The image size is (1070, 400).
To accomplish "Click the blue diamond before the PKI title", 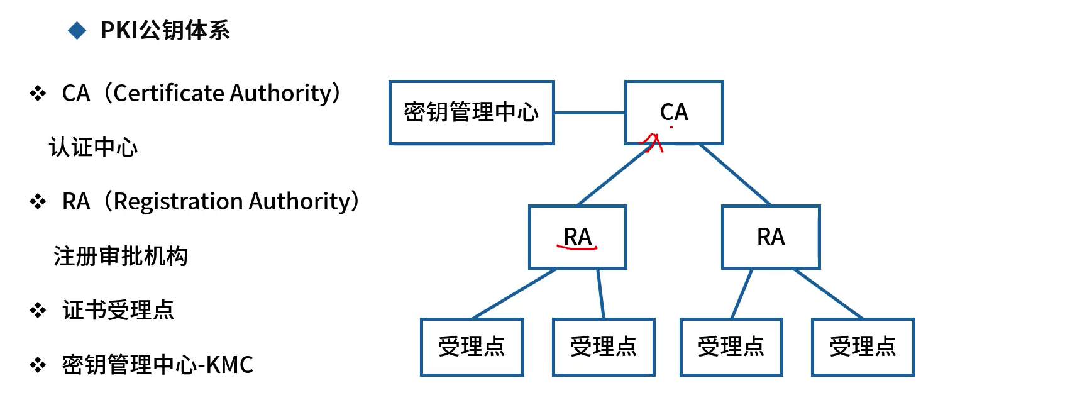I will pyautogui.click(x=77, y=30).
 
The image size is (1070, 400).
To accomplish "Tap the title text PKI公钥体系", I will pyautogui.click(x=165, y=30).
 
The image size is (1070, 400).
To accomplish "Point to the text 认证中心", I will pyautogui.click(x=93, y=147).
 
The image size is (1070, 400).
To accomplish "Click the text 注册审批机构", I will pyautogui.click(x=121, y=256).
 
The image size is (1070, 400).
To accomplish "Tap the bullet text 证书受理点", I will pyautogui.click(x=118, y=310).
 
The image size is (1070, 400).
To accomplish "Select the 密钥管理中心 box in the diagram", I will pyautogui.click(x=472, y=113).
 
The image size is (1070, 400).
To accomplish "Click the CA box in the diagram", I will pyautogui.click(x=674, y=113).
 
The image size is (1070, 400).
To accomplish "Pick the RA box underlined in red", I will pyautogui.click(x=578, y=237).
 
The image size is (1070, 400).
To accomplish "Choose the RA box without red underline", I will pyautogui.click(x=771, y=237).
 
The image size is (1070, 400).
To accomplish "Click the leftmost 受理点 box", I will pyautogui.click(x=472, y=347).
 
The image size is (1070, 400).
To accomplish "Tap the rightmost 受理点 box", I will pyautogui.click(x=863, y=347).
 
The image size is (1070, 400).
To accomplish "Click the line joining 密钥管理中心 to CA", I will pyautogui.click(x=589, y=113).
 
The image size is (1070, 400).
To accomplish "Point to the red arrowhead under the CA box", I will pyautogui.click(x=652, y=142).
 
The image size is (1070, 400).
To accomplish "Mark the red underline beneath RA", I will pyautogui.click(x=576, y=248).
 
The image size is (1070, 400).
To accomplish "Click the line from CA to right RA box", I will pyautogui.click(x=736, y=175).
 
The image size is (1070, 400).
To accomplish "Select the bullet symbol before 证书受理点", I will pyautogui.click(x=38, y=310).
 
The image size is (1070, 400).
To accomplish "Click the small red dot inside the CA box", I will pyautogui.click(x=671, y=127).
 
